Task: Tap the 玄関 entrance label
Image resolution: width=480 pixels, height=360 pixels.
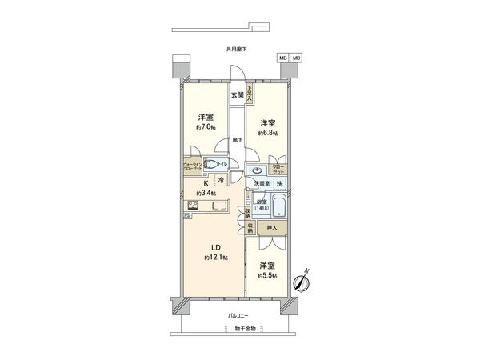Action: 238,96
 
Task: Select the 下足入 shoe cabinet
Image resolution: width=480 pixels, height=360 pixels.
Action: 250,93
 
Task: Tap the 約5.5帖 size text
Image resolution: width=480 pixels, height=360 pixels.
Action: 266,275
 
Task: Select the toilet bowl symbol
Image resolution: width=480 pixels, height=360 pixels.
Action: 210,165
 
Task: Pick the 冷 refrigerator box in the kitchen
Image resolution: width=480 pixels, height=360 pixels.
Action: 221,181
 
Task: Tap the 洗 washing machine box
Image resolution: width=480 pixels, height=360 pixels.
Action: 279,185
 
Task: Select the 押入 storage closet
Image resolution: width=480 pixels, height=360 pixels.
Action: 272,228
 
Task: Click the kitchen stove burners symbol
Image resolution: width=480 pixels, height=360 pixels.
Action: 194,204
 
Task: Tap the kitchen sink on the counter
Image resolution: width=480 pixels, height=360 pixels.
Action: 218,206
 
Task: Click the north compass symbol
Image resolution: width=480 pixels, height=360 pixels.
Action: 302,282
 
